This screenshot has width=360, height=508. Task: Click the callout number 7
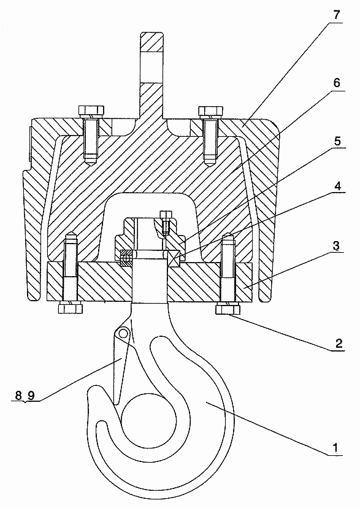click(x=337, y=15)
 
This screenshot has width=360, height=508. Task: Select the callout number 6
click(x=337, y=83)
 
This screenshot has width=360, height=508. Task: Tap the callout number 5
click(x=337, y=141)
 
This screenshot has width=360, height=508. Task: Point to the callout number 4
click(x=337, y=187)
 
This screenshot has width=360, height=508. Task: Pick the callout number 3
click(x=336, y=246)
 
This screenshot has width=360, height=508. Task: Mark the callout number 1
click(x=335, y=448)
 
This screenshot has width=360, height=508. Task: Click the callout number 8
click(x=18, y=395)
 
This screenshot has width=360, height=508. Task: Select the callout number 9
click(x=31, y=395)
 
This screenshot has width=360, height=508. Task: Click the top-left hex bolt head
click(x=91, y=111)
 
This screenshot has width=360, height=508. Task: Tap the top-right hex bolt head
click(x=211, y=111)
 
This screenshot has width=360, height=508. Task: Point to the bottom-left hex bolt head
click(x=71, y=308)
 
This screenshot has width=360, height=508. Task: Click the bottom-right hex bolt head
click(x=228, y=309)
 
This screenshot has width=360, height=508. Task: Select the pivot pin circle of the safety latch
click(x=123, y=333)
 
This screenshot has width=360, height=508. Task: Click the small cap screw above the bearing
click(x=166, y=221)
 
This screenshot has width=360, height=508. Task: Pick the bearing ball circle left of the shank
click(x=126, y=258)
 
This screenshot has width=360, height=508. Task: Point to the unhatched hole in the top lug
click(x=151, y=67)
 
